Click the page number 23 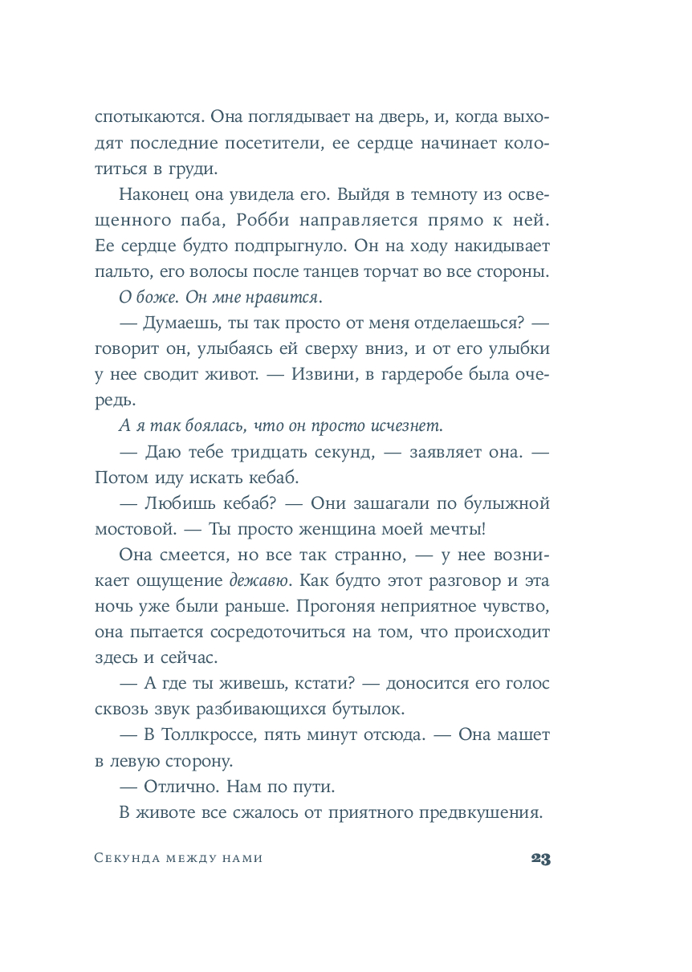pyautogui.click(x=539, y=859)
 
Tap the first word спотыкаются pyautogui.click(x=147, y=116)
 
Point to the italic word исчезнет pyautogui.click(x=406, y=425)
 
